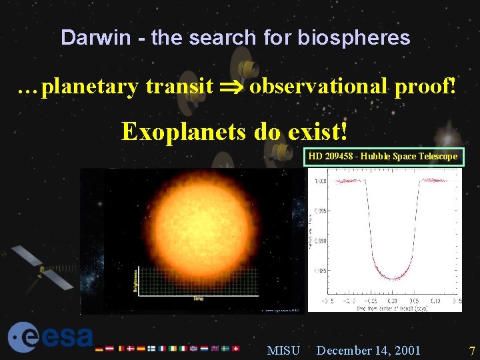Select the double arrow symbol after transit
pyautogui.click(x=231, y=87)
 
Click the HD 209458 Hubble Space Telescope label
pyautogui.click(x=383, y=157)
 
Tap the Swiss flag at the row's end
pyautogui.click(x=236, y=348)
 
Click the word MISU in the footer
pyautogui.click(x=283, y=350)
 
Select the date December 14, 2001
pyautogui.click(x=369, y=350)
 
